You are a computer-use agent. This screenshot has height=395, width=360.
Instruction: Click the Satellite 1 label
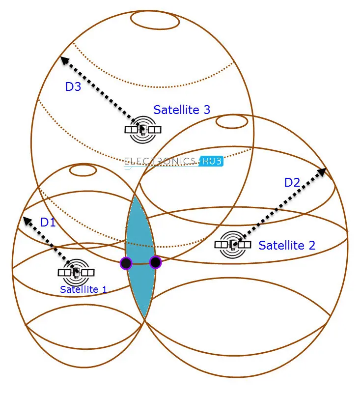(83, 289)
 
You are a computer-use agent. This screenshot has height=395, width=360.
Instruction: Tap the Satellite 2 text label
(287, 245)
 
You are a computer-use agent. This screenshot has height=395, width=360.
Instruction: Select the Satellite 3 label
(182, 110)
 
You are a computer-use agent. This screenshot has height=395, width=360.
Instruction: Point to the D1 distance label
(48, 222)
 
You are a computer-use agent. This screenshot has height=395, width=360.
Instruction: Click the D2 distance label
(292, 182)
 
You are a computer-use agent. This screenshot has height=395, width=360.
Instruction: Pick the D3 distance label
(73, 86)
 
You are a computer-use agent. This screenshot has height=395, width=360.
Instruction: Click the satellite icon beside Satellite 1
(76, 272)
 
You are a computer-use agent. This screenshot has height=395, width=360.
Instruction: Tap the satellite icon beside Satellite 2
(233, 244)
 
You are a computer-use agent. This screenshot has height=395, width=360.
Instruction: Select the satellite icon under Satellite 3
(143, 129)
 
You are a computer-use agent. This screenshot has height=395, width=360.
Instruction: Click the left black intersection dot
(126, 263)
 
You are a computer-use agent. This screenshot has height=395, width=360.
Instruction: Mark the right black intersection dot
(155, 262)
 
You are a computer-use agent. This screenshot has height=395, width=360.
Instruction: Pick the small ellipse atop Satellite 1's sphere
(83, 170)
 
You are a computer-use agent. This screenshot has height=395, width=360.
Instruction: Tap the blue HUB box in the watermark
(211, 161)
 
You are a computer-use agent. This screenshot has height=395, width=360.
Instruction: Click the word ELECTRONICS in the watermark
(161, 161)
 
